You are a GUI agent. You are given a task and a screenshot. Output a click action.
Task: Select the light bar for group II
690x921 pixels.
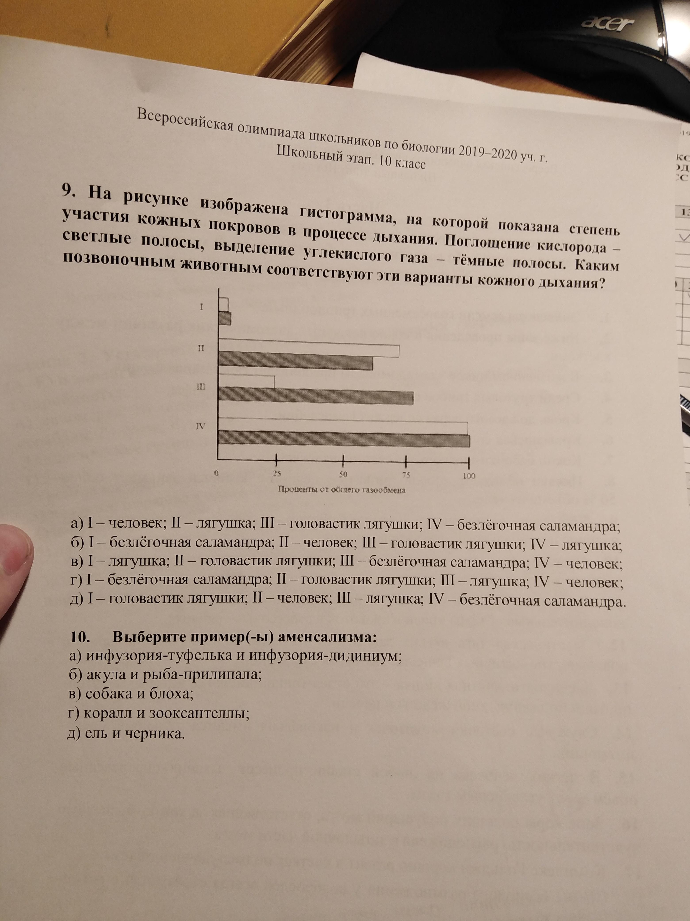[x=309, y=345]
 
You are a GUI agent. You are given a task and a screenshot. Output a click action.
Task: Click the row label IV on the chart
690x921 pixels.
[x=201, y=426]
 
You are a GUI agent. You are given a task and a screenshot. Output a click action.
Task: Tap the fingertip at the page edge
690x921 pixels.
[x=15, y=558]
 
